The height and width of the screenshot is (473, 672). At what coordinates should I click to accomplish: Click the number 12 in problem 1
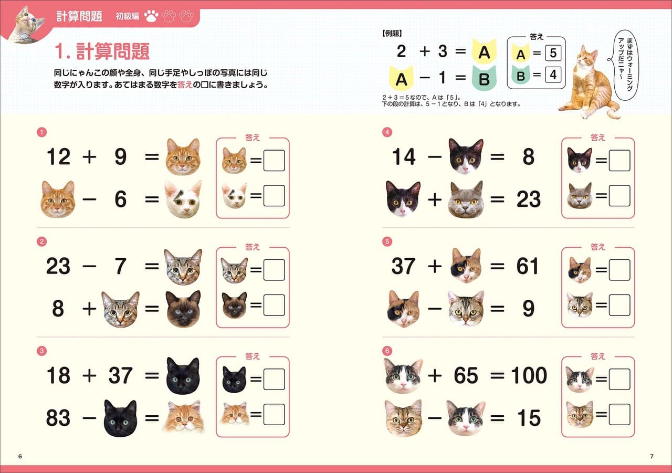coord(58,157)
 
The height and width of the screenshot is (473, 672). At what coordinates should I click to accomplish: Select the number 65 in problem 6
coord(466,376)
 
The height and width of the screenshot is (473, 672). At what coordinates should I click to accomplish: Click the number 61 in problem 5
coord(527,267)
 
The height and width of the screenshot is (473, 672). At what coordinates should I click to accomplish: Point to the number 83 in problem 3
coord(58,418)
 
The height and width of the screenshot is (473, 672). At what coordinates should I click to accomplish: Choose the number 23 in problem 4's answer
coord(528,199)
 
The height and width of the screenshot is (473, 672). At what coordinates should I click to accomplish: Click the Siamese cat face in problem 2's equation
coord(183,309)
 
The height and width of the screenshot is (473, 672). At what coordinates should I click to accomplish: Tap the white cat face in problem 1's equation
coord(182,199)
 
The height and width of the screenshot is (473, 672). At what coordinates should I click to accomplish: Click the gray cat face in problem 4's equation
coord(465,199)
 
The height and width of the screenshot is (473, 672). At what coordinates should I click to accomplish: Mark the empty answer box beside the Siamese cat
coord(274,305)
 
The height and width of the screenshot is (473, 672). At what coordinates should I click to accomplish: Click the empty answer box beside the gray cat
coord(619,196)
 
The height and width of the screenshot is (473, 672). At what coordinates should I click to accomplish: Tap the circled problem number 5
coord(387,241)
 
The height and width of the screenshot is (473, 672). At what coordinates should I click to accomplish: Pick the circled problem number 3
coord(42,351)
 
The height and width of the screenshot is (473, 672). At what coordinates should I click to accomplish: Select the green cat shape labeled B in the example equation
coord(486,79)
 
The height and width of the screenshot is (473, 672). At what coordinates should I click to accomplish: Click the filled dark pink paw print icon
coord(152,16)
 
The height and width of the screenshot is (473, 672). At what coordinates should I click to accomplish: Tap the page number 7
coord(652,456)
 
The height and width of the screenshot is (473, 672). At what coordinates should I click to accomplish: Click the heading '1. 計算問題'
coord(102,51)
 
